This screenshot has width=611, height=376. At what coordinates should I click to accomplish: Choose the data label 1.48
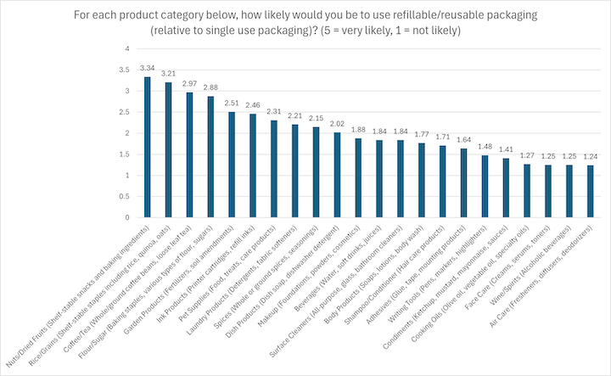click(x=485, y=146)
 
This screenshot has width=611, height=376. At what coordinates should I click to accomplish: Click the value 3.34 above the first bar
click(x=148, y=67)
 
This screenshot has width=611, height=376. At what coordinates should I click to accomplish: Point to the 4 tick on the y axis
click(x=127, y=48)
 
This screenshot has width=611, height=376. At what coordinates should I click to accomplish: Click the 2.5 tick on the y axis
click(x=125, y=112)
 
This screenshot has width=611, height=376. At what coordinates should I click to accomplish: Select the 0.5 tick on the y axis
click(x=125, y=197)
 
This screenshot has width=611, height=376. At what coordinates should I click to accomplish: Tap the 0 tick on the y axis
click(x=127, y=218)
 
